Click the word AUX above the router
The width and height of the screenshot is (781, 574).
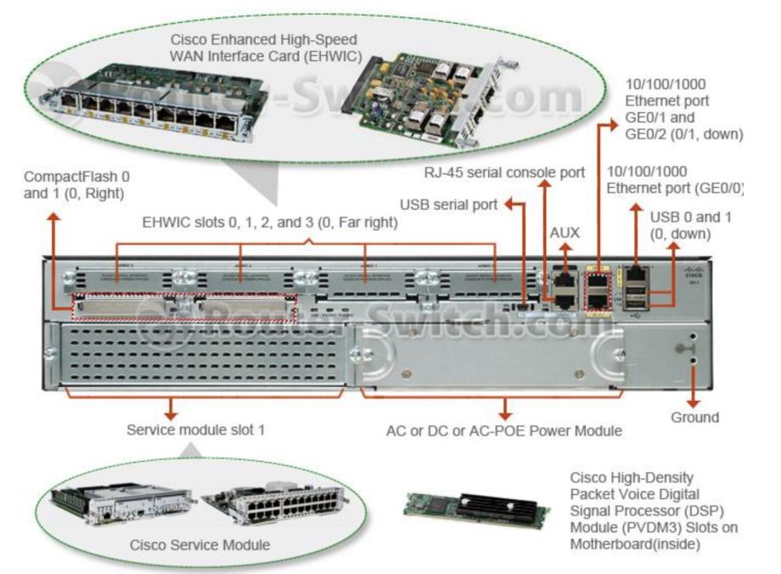(x=564, y=232)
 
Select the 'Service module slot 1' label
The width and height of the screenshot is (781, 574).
(x=195, y=430)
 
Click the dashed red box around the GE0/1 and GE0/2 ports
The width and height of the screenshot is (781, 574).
(x=599, y=291)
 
